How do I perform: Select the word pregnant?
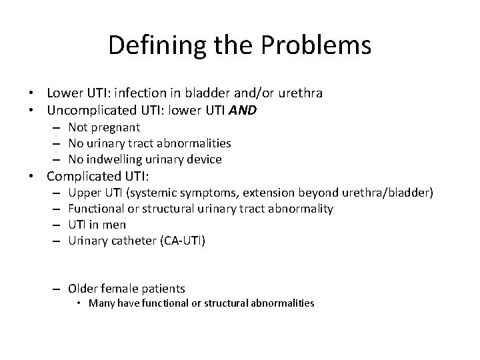pyautogui.click(x=114, y=127)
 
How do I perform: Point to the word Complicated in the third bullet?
pyautogui.click(x=85, y=177)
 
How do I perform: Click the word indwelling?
pyautogui.click(x=115, y=159)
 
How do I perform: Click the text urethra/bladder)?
pyautogui.click(x=389, y=193)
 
